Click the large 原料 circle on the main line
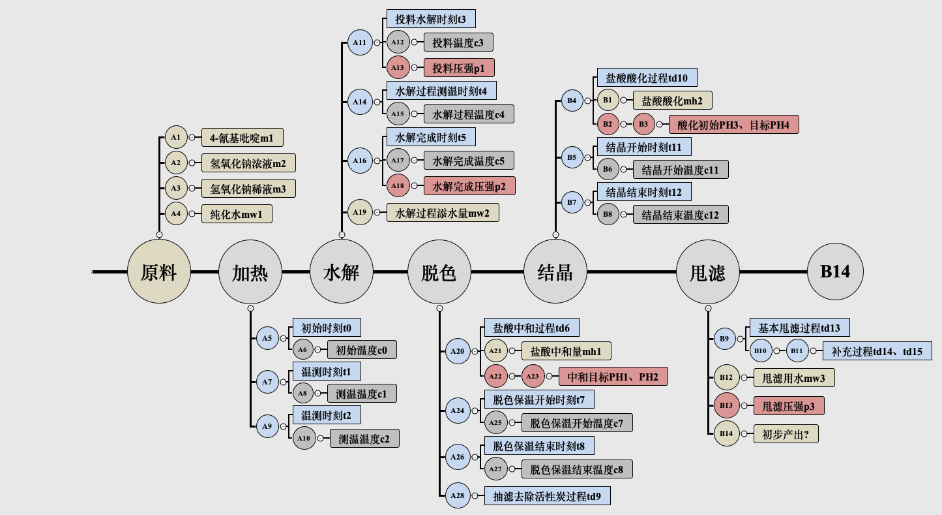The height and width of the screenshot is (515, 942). (159, 272)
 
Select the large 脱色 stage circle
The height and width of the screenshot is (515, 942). (439, 272)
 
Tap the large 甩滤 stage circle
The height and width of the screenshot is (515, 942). (707, 272)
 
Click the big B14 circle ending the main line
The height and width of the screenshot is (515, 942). (835, 272)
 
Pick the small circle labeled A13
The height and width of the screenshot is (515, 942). (397, 67)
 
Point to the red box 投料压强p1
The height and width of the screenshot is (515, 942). (459, 67)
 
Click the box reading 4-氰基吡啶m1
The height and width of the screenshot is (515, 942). (243, 138)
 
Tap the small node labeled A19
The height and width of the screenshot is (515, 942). (359, 212)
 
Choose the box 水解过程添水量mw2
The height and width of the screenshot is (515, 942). (443, 212)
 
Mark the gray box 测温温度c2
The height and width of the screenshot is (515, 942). (364, 439)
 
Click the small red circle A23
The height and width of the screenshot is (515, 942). (533, 376)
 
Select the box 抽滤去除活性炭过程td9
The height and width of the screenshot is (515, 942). (547, 496)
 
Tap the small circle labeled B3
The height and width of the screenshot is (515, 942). (643, 124)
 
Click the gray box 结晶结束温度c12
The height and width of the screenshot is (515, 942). (680, 214)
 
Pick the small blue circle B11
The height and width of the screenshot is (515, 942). (797, 351)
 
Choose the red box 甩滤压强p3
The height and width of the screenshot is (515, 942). (788, 406)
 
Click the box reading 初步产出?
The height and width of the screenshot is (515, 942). (786, 434)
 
